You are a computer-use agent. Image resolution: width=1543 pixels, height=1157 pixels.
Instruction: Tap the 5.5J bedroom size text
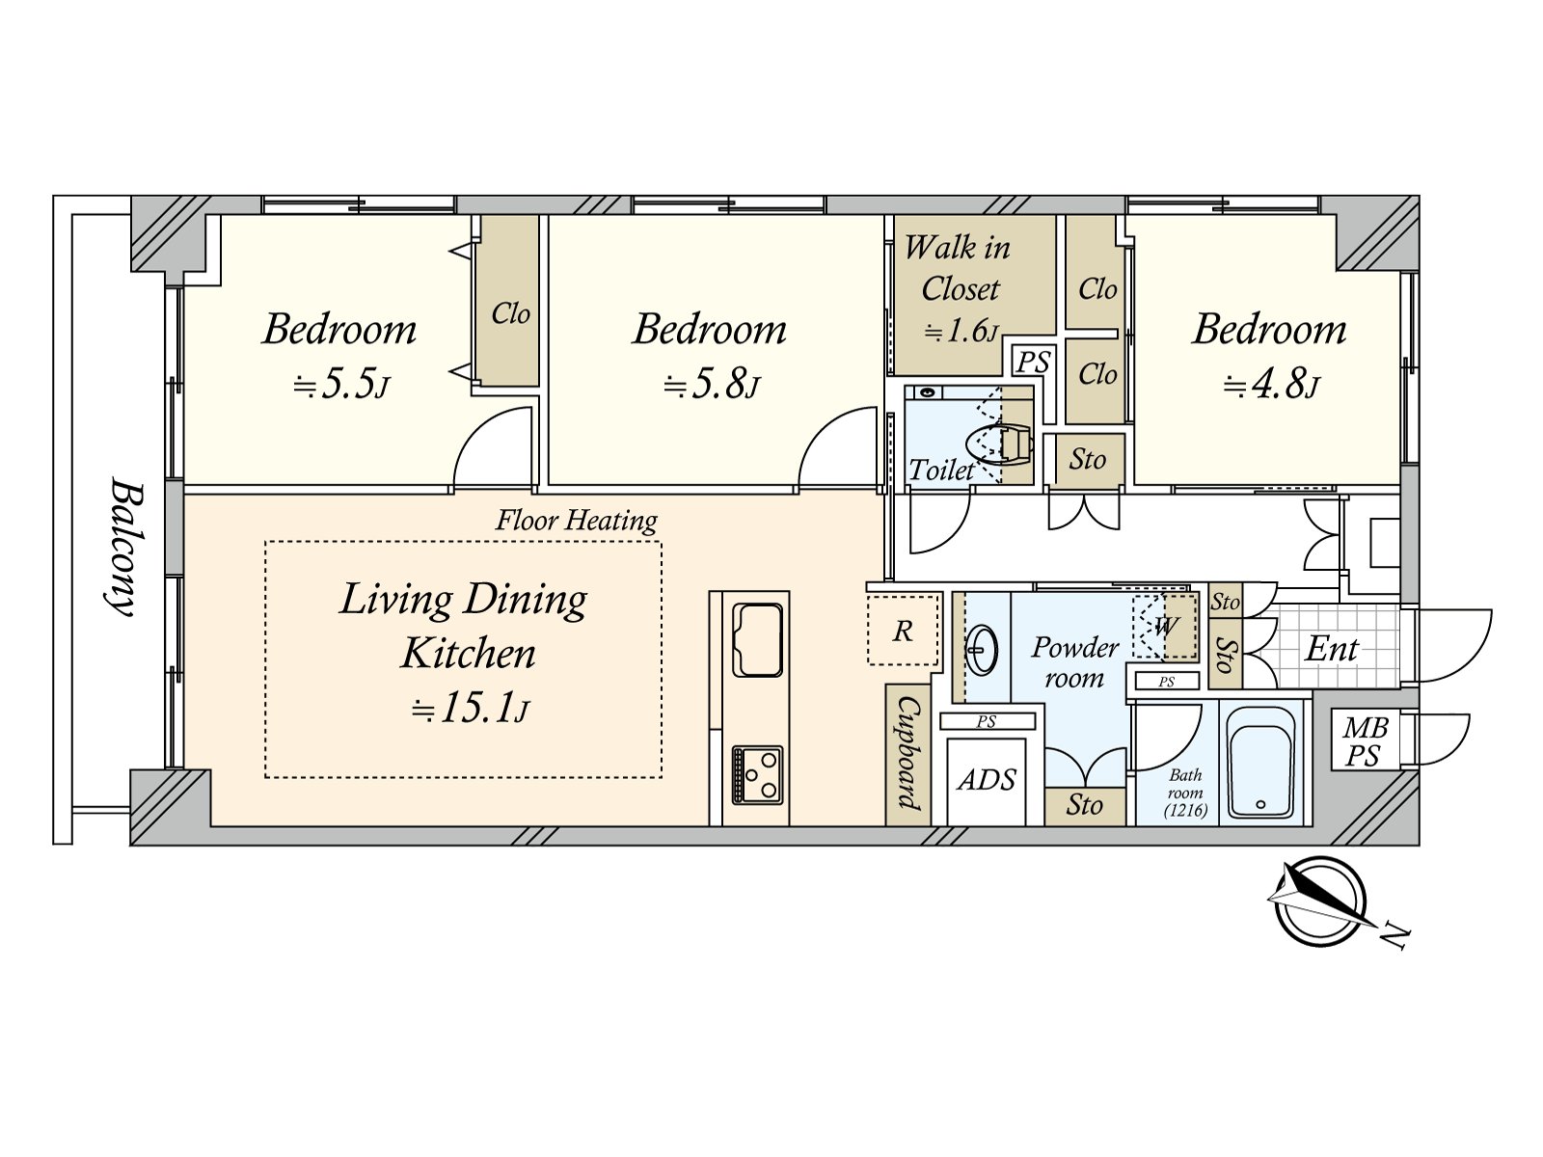pos(341,386)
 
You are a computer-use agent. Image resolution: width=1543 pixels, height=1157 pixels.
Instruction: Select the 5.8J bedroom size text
pos(712,386)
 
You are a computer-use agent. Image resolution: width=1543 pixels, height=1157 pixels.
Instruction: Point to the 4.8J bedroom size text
pos(1272,386)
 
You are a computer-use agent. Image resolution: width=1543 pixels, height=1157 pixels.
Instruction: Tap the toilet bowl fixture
pos(998,444)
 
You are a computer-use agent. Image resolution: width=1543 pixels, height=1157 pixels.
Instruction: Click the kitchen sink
pos(757,639)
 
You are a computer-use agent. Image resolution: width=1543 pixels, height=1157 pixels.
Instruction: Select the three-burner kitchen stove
pos(757,775)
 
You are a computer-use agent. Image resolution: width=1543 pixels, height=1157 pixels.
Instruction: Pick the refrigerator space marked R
pos(904,631)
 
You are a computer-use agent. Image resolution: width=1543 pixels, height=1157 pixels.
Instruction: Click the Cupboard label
pos(907,753)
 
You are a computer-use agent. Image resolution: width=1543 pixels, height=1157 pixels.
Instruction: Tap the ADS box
pos(987,780)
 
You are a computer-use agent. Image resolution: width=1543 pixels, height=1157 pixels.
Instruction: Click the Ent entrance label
pos(1331,648)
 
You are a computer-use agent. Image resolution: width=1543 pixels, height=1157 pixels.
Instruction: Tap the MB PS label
pos(1364,742)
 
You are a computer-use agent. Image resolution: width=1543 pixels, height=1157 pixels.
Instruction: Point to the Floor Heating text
pos(577,521)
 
